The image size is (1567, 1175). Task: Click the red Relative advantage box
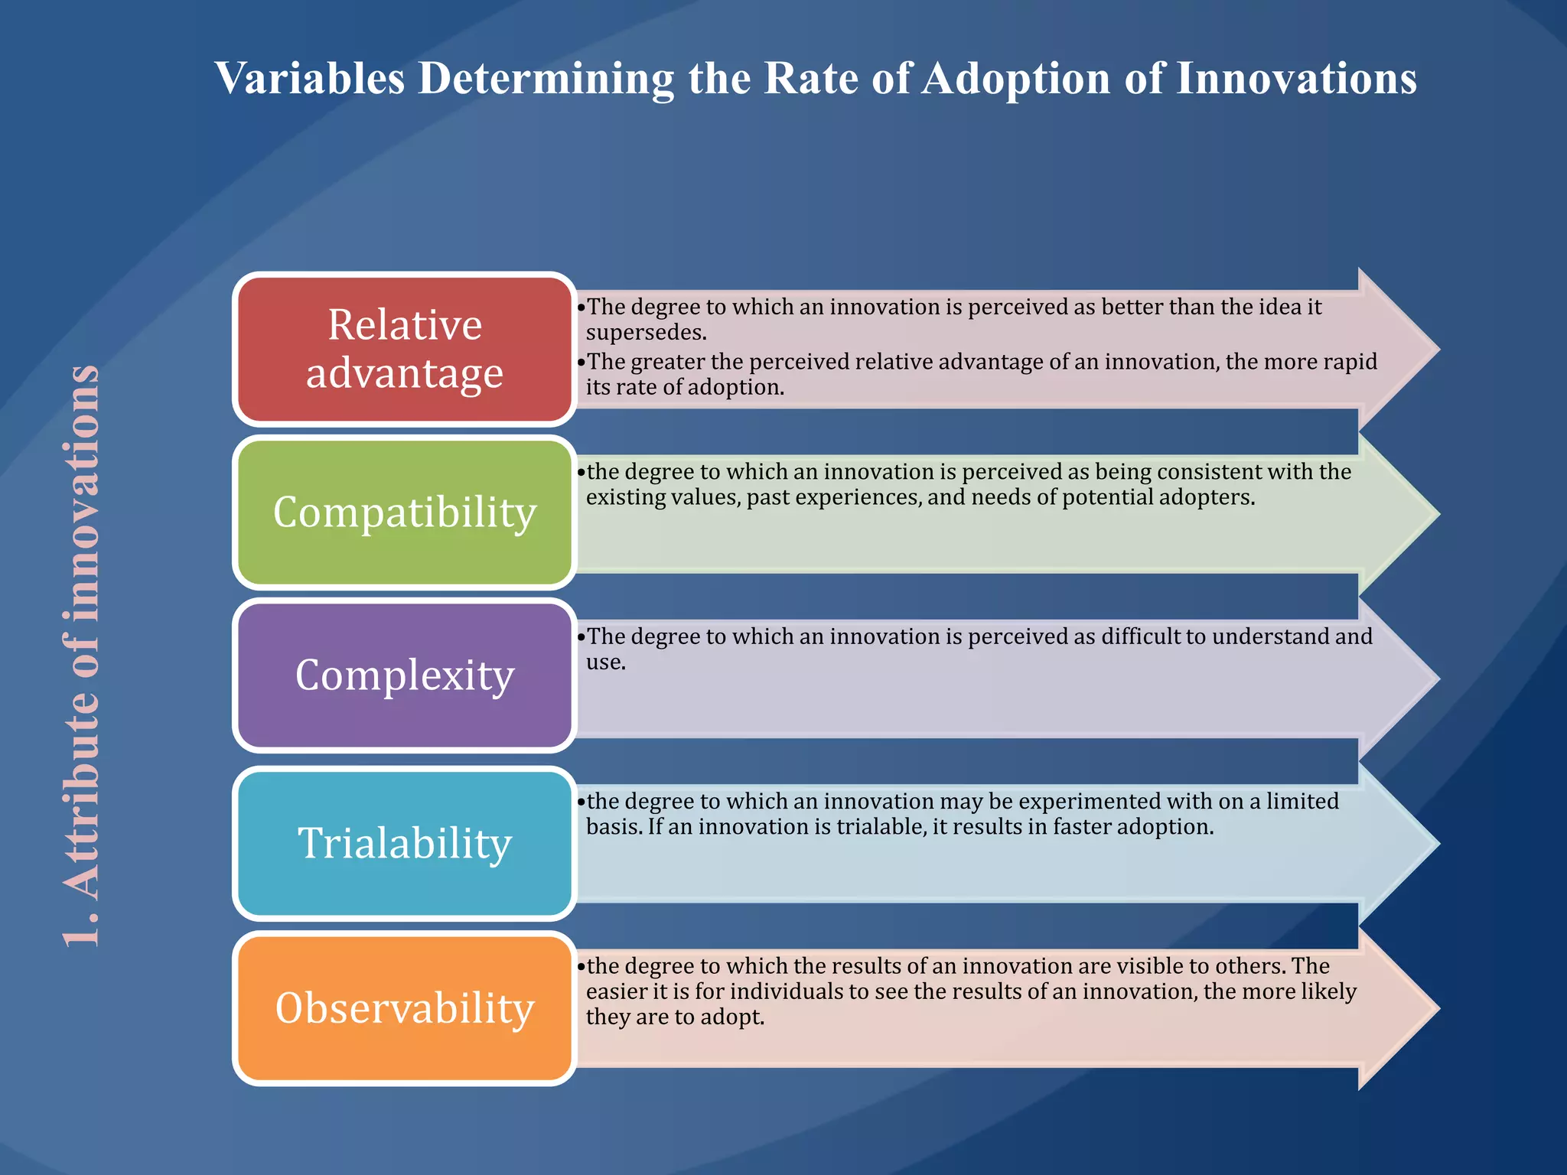point(404,349)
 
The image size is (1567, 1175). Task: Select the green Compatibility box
point(404,512)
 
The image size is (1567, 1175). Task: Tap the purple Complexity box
point(404,675)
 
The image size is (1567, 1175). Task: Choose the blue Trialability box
point(404,843)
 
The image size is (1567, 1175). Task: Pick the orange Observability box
point(404,1007)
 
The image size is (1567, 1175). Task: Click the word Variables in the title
point(309,78)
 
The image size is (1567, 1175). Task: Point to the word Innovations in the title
point(1295,78)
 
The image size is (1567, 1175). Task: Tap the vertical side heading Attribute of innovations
point(81,656)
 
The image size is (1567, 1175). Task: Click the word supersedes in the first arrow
point(645,333)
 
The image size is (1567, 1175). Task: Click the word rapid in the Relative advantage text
point(1350,361)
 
